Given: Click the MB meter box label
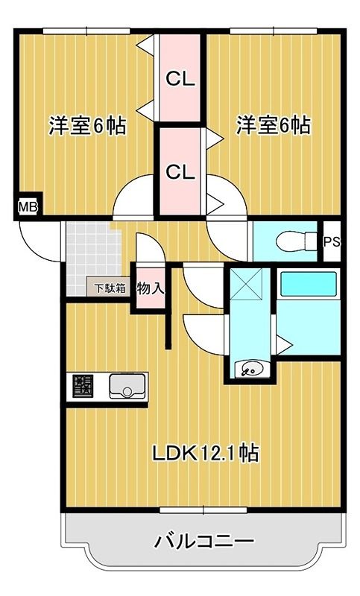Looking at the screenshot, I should coord(28,206).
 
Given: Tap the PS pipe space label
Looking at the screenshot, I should coord(332,241).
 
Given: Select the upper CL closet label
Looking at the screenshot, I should coord(180,78).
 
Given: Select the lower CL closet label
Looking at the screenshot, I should coord(180,171).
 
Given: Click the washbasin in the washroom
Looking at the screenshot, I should coord(251,367).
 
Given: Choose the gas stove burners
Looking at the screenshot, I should coord(83,387).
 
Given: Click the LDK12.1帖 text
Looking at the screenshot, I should coord(206,452).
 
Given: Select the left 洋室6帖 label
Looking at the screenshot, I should coord(86,125).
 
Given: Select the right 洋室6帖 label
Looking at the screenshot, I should coord(274,125).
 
